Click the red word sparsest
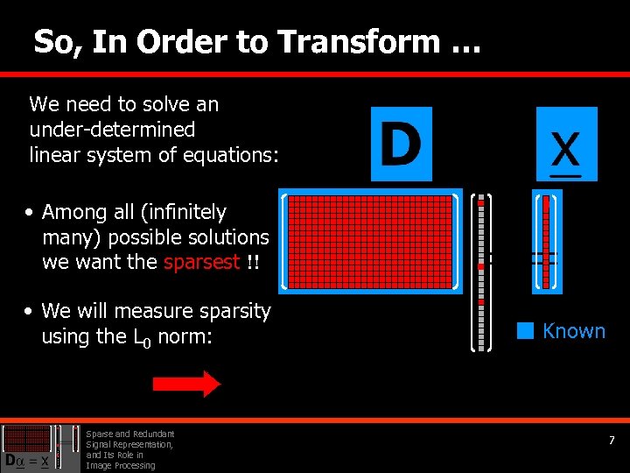point(201,262)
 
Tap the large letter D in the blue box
point(401,144)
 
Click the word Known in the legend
point(574,331)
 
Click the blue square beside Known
point(524,331)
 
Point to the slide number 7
point(612,441)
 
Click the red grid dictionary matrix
point(370,241)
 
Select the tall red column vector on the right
point(546,241)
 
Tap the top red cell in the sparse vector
point(480,203)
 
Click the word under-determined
point(112,130)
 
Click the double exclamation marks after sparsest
point(253,262)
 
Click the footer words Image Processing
point(120,465)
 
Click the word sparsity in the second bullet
point(234,311)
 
